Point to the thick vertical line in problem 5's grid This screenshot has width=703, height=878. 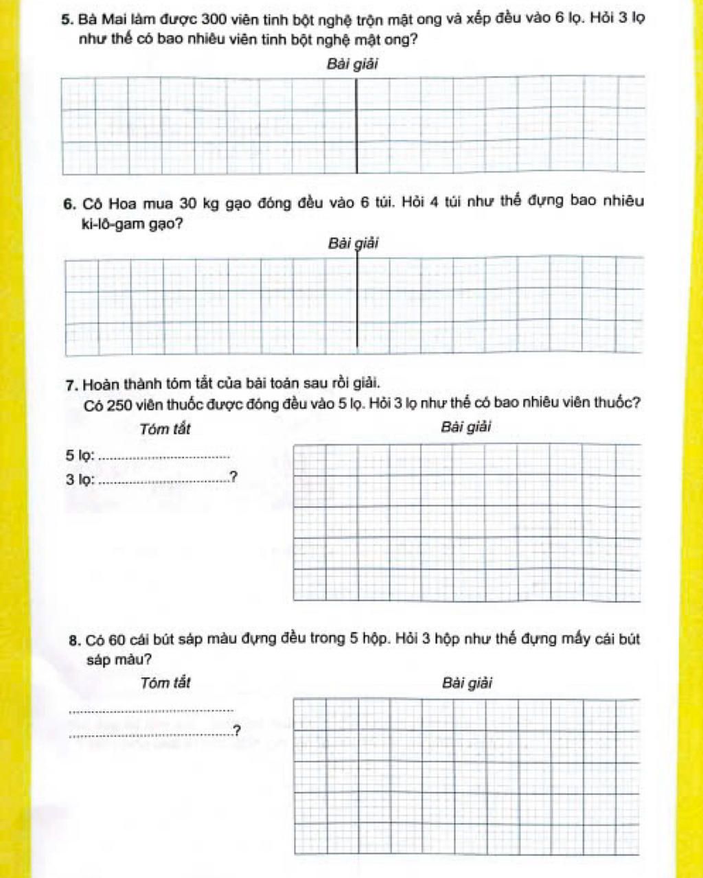pos(356,127)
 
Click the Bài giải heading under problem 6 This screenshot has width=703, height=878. pos(353,244)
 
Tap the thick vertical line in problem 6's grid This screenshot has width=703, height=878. pos(356,302)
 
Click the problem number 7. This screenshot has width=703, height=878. pos(70,383)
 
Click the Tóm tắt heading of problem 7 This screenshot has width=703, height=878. pos(165,430)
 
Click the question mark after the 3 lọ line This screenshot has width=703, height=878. pos(233,477)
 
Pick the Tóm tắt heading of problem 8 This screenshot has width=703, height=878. pos(165,683)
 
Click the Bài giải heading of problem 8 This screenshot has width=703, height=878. pos(468,683)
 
